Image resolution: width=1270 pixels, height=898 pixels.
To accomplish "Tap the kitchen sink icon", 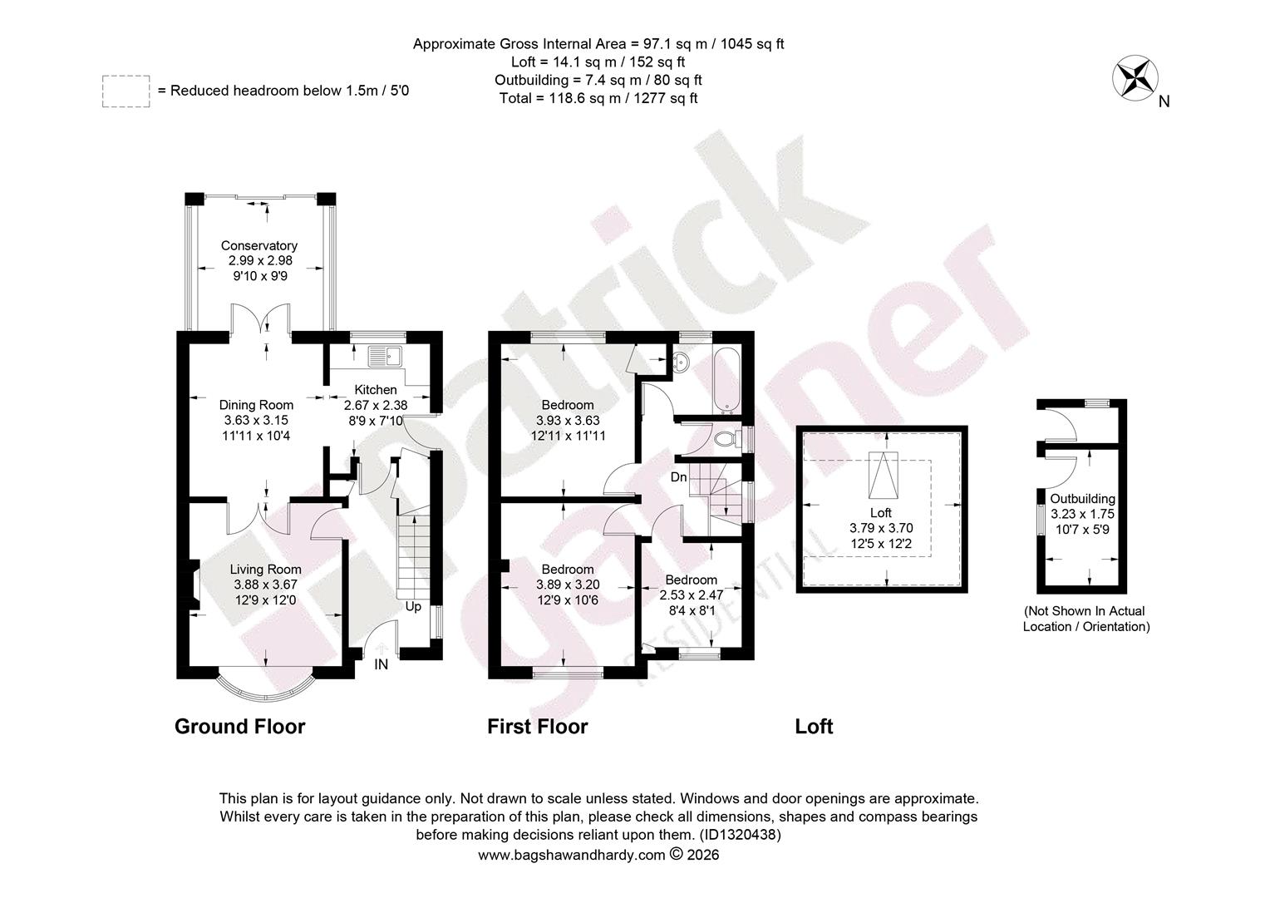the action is click(385, 356).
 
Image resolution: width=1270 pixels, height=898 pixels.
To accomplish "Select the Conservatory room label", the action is click(259, 245).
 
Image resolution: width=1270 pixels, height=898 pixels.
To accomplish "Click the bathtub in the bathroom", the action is click(727, 380).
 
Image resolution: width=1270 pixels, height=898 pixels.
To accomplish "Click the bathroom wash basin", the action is click(681, 362).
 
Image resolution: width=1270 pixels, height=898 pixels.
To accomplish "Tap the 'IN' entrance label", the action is click(381, 664).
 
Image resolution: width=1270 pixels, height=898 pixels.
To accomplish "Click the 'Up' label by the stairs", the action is click(413, 606).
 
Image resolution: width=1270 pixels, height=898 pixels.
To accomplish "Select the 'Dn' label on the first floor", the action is click(679, 477).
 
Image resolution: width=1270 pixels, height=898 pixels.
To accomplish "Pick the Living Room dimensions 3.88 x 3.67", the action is click(265, 585).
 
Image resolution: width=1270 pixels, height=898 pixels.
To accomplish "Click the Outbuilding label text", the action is click(1082, 499).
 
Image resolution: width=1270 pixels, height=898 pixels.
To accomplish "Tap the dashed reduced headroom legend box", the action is click(126, 91).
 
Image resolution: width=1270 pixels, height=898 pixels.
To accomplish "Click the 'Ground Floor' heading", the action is click(240, 726).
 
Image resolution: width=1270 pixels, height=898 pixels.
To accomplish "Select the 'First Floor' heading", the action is click(538, 726).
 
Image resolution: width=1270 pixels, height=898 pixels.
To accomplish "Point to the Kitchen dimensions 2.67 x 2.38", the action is click(376, 405).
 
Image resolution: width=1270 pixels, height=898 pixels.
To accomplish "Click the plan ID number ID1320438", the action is click(740, 835).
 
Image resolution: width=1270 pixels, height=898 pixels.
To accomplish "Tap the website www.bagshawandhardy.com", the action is click(572, 855).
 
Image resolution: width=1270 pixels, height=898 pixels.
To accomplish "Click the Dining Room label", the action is click(256, 405).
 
